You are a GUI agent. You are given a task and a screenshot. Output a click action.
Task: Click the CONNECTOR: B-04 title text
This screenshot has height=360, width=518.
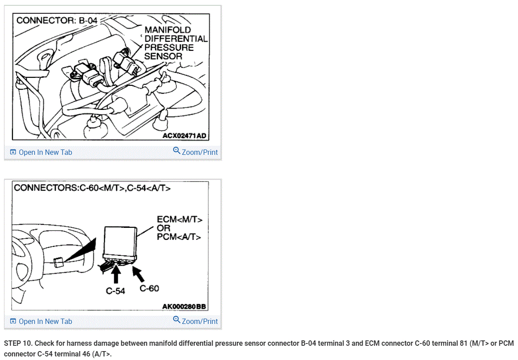pyautogui.click(x=57, y=20)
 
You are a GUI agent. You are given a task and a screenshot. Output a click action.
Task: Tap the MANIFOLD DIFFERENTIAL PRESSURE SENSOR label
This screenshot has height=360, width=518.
pyautogui.click(x=176, y=43)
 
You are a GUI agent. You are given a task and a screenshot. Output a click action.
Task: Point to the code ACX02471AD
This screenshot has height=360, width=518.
pyautogui.click(x=185, y=136)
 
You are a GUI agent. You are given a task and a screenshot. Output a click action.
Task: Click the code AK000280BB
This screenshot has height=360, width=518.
pyautogui.click(x=184, y=307)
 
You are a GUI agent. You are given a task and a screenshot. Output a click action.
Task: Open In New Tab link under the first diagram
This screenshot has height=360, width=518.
pyautogui.click(x=41, y=152)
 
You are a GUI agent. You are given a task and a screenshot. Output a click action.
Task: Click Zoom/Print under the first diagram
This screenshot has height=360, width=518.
pyautogui.click(x=195, y=152)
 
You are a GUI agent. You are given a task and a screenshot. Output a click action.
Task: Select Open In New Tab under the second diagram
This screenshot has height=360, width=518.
pyautogui.click(x=41, y=321)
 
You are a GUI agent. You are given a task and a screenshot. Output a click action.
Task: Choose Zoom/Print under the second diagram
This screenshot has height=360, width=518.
pyautogui.click(x=195, y=321)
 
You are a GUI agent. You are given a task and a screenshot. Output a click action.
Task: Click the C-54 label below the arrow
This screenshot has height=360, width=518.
pyautogui.click(x=115, y=291)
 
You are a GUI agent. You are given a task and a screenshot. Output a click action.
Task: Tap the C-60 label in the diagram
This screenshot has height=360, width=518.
pyautogui.click(x=149, y=289)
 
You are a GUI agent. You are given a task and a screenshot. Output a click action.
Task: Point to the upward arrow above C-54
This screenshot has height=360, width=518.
pyautogui.click(x=116, y=274)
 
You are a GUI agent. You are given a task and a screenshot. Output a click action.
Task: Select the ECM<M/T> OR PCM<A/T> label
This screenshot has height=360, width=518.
pyautogui.click(x=179, y=228)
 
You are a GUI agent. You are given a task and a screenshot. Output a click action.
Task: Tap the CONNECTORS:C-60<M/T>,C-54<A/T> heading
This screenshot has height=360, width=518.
pyautogui.click(x=92, y=188)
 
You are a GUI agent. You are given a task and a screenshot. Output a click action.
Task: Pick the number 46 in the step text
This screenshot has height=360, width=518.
pyautogui.click(x=86, y=354)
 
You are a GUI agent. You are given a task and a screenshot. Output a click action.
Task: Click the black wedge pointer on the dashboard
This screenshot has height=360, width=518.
pyautogui.click(x=80, y=250)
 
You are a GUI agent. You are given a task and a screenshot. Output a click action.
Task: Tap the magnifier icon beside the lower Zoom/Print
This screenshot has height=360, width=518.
pyautogui.click(x=177, y=320)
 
